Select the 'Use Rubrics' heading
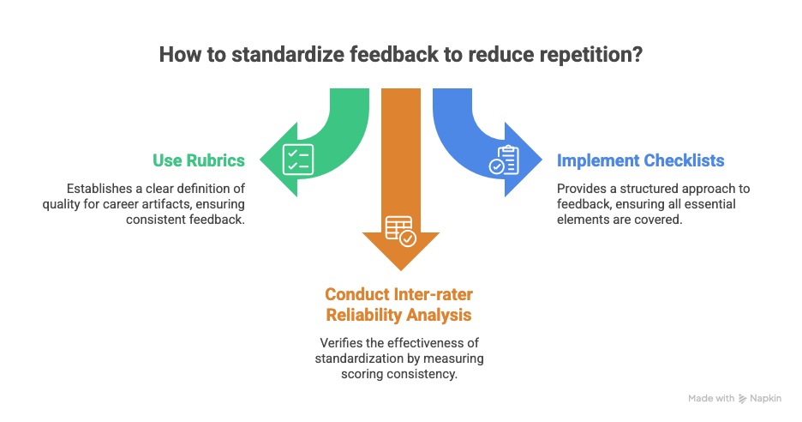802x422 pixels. [x=199, y=160]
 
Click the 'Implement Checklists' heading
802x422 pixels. [x=640, y=160]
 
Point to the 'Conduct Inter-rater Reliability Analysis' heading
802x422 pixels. [x=398, y=305]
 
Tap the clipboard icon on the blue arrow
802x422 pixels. [x=504, y=160]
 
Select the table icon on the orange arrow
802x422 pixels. [x=399, y=230]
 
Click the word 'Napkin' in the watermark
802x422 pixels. [x=769, y=398]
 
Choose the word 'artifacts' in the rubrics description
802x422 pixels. [x=179, y=205]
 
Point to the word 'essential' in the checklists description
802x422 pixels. [x=710, y=205]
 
